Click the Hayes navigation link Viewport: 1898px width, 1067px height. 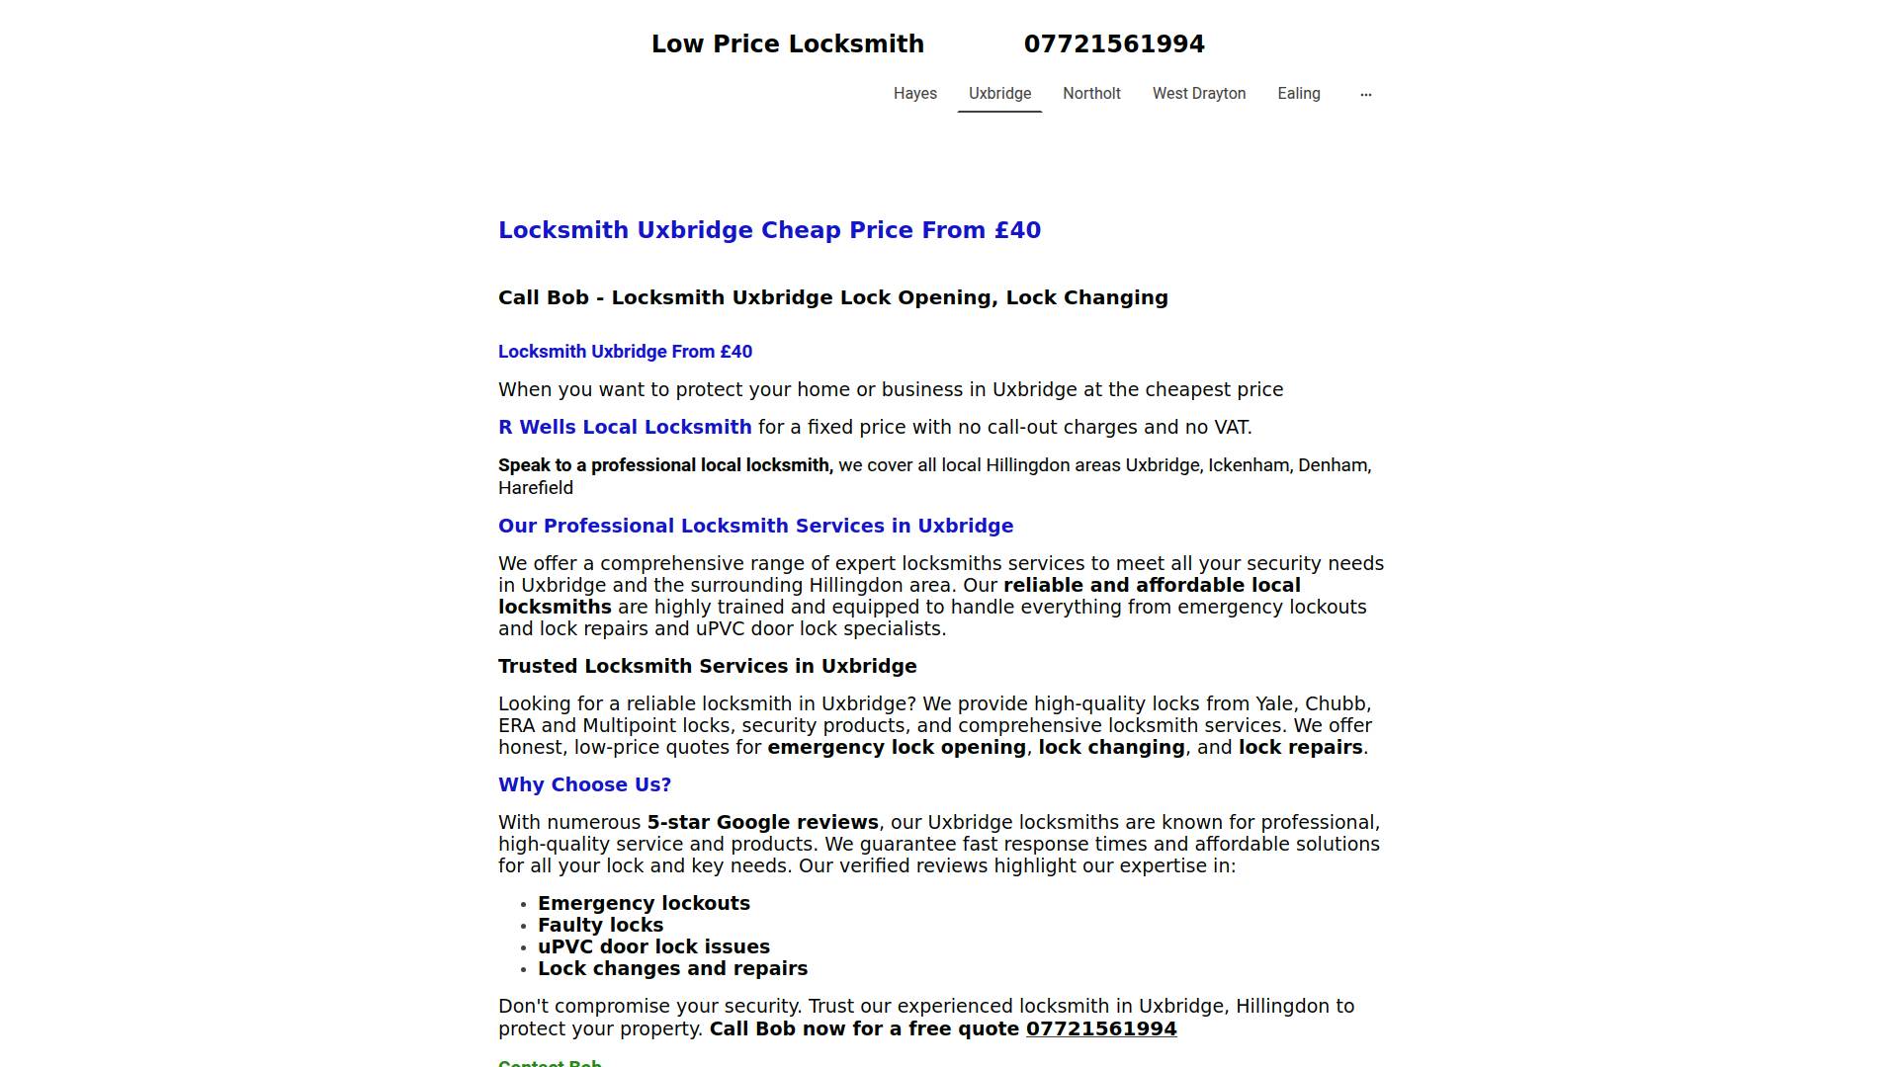coord(914,94)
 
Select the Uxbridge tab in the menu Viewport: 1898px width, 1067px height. coord(999,94)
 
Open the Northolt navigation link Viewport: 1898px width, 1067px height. coord(1091,94)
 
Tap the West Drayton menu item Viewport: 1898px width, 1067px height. coord(1198,94)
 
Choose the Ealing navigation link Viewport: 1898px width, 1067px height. coord(1298,94)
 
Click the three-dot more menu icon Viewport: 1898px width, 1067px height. coord(1365,95)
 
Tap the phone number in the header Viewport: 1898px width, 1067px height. coord(1114,44)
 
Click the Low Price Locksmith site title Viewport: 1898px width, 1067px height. coord(787,44)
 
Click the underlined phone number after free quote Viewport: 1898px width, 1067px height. coord(1100,1028)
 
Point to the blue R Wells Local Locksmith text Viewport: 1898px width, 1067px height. coord(625,427)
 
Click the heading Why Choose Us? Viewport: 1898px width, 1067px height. coord(584,784)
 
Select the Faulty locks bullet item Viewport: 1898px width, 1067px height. coord(600,925)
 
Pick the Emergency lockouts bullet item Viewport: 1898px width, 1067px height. coord(644,903)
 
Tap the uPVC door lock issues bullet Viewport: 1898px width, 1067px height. coord(653,946)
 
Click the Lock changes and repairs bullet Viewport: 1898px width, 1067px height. coord(672,968)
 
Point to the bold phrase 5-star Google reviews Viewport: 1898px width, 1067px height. coord(762,822)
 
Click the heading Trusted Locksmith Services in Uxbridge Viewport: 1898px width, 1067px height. coord(707,666)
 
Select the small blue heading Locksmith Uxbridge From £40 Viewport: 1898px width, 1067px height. coord(625,352)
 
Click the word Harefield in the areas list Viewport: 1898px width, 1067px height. coord(535,488)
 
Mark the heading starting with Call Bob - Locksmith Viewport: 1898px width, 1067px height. coord(832,297)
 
